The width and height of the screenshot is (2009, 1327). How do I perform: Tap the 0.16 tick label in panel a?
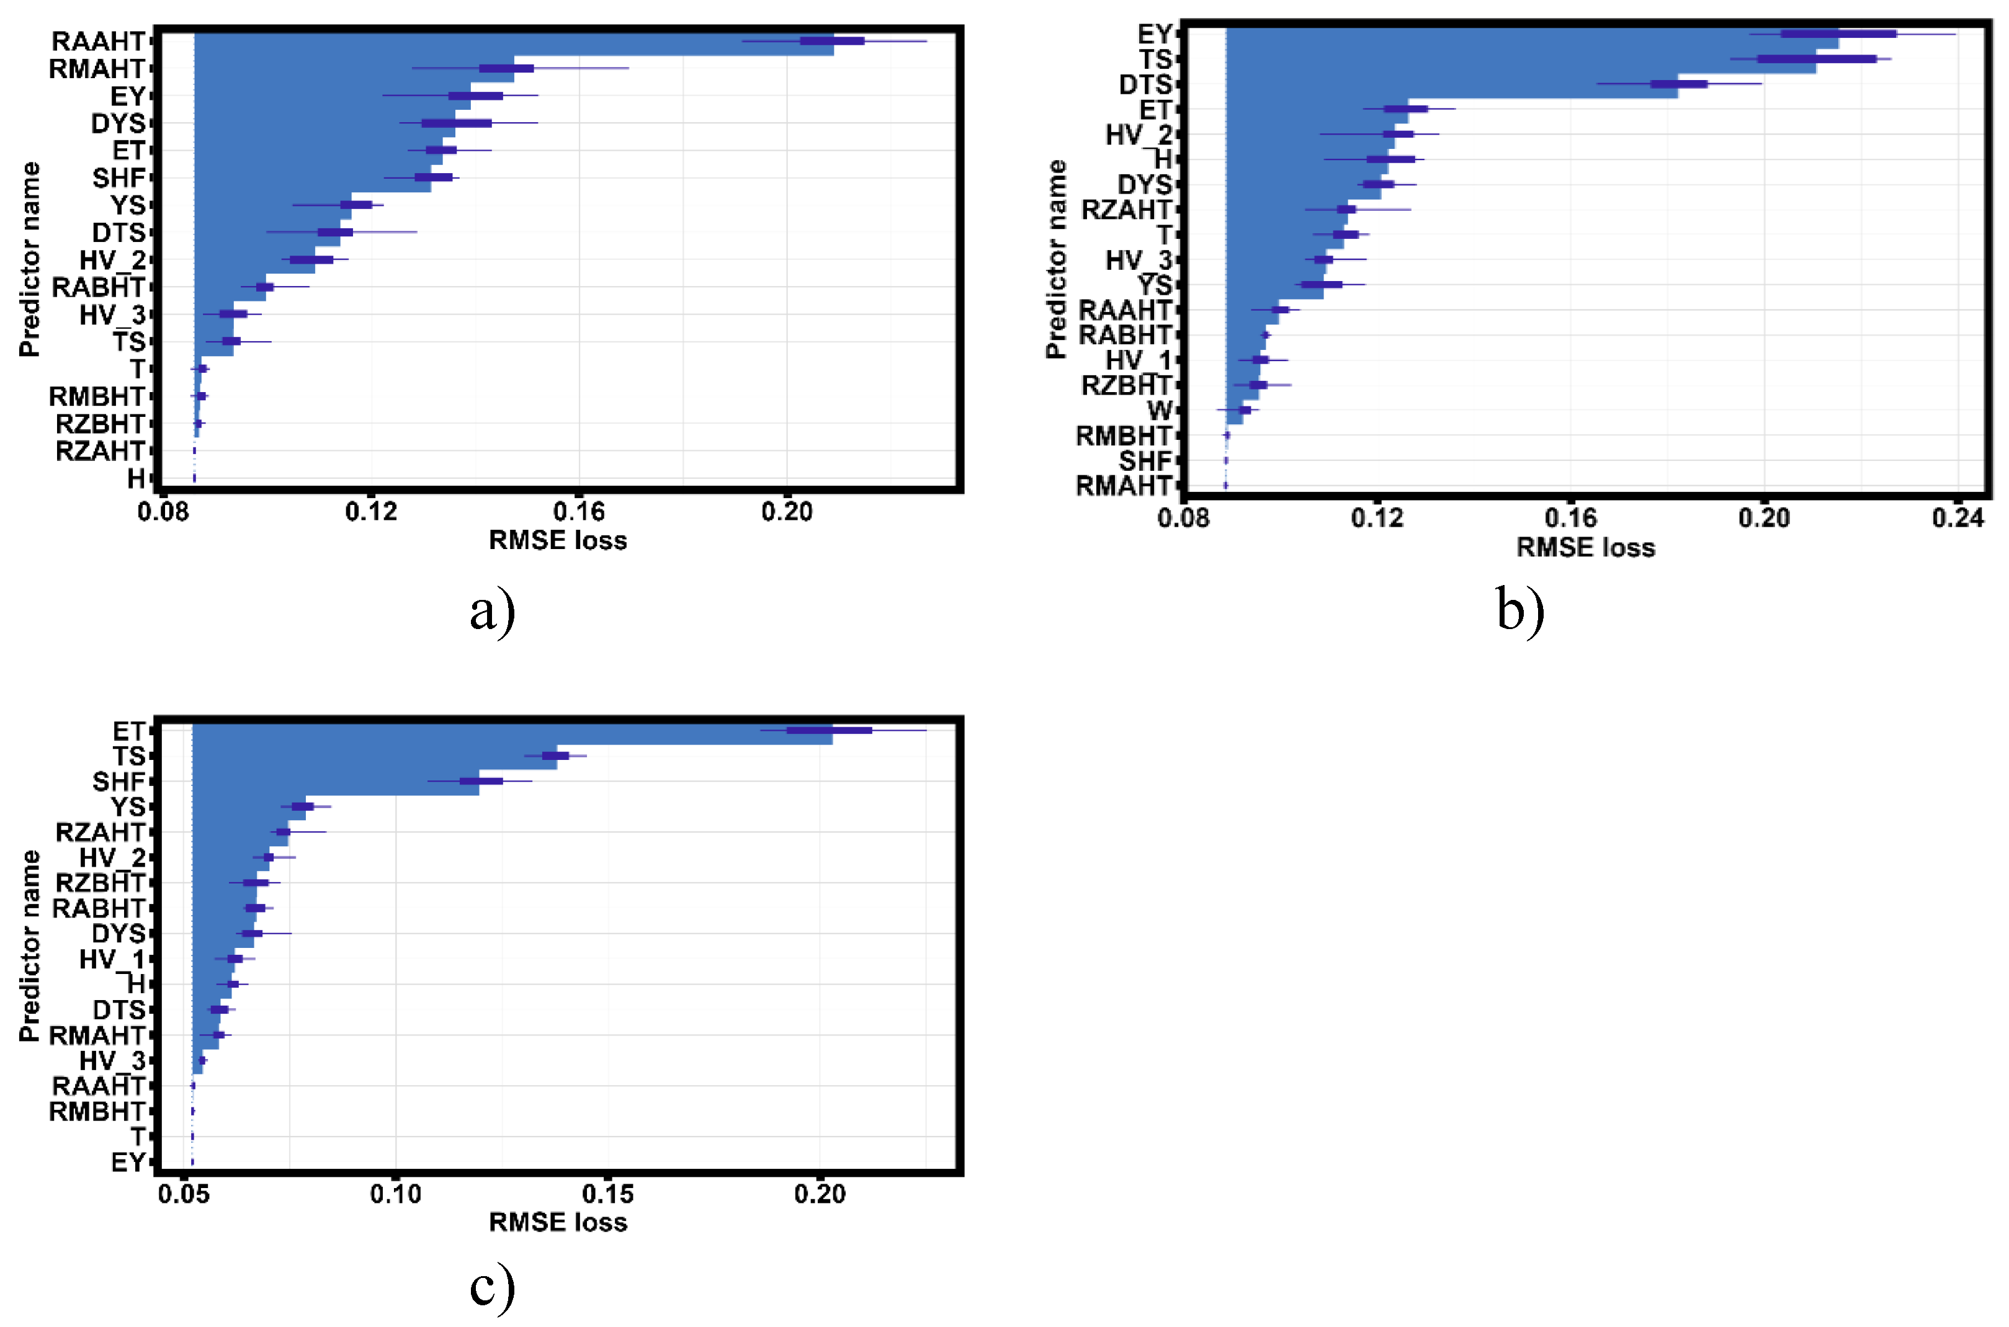pyautogui.click(x=579, y=512)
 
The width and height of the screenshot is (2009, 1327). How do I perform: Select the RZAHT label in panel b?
pyautogui.click(x=1125, y=210)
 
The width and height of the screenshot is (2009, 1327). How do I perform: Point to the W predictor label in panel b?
pyautogui.click(x=1160, y=411)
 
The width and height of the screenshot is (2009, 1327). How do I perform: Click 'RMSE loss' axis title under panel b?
pyautogui.click(x=1585, y=548)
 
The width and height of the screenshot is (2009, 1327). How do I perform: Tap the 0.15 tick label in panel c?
pyautogui.click(x=607, y=1194)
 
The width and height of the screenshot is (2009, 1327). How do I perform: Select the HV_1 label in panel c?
pyautogui.click(x=112, y=960)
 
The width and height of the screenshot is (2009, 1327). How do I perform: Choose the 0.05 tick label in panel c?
pyautogui.click(x=184, y=1194)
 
